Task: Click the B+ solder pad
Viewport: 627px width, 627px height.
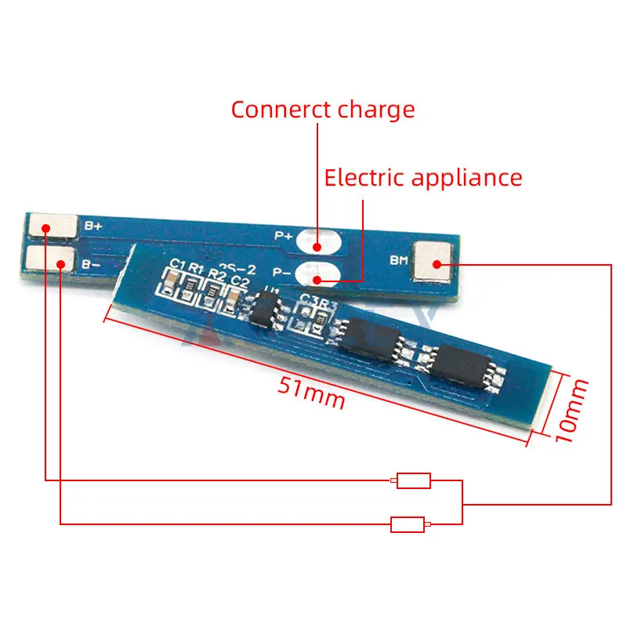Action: pos(52,227)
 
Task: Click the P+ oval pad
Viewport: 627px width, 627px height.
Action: pos(319,240)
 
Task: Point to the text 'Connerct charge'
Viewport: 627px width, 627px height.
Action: pos(322,109)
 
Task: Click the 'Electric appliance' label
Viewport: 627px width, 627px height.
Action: pos(423,177)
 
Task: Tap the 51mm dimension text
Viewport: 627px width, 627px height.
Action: pos(310,390)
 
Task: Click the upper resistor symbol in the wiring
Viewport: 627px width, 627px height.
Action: pos(413,480)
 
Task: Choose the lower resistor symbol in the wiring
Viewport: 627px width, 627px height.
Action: pos(408,524)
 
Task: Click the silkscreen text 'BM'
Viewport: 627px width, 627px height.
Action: pos(398,261)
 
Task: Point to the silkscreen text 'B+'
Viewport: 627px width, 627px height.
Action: pos(93,226)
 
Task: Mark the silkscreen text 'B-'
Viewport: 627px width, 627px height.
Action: pos(90,263)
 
